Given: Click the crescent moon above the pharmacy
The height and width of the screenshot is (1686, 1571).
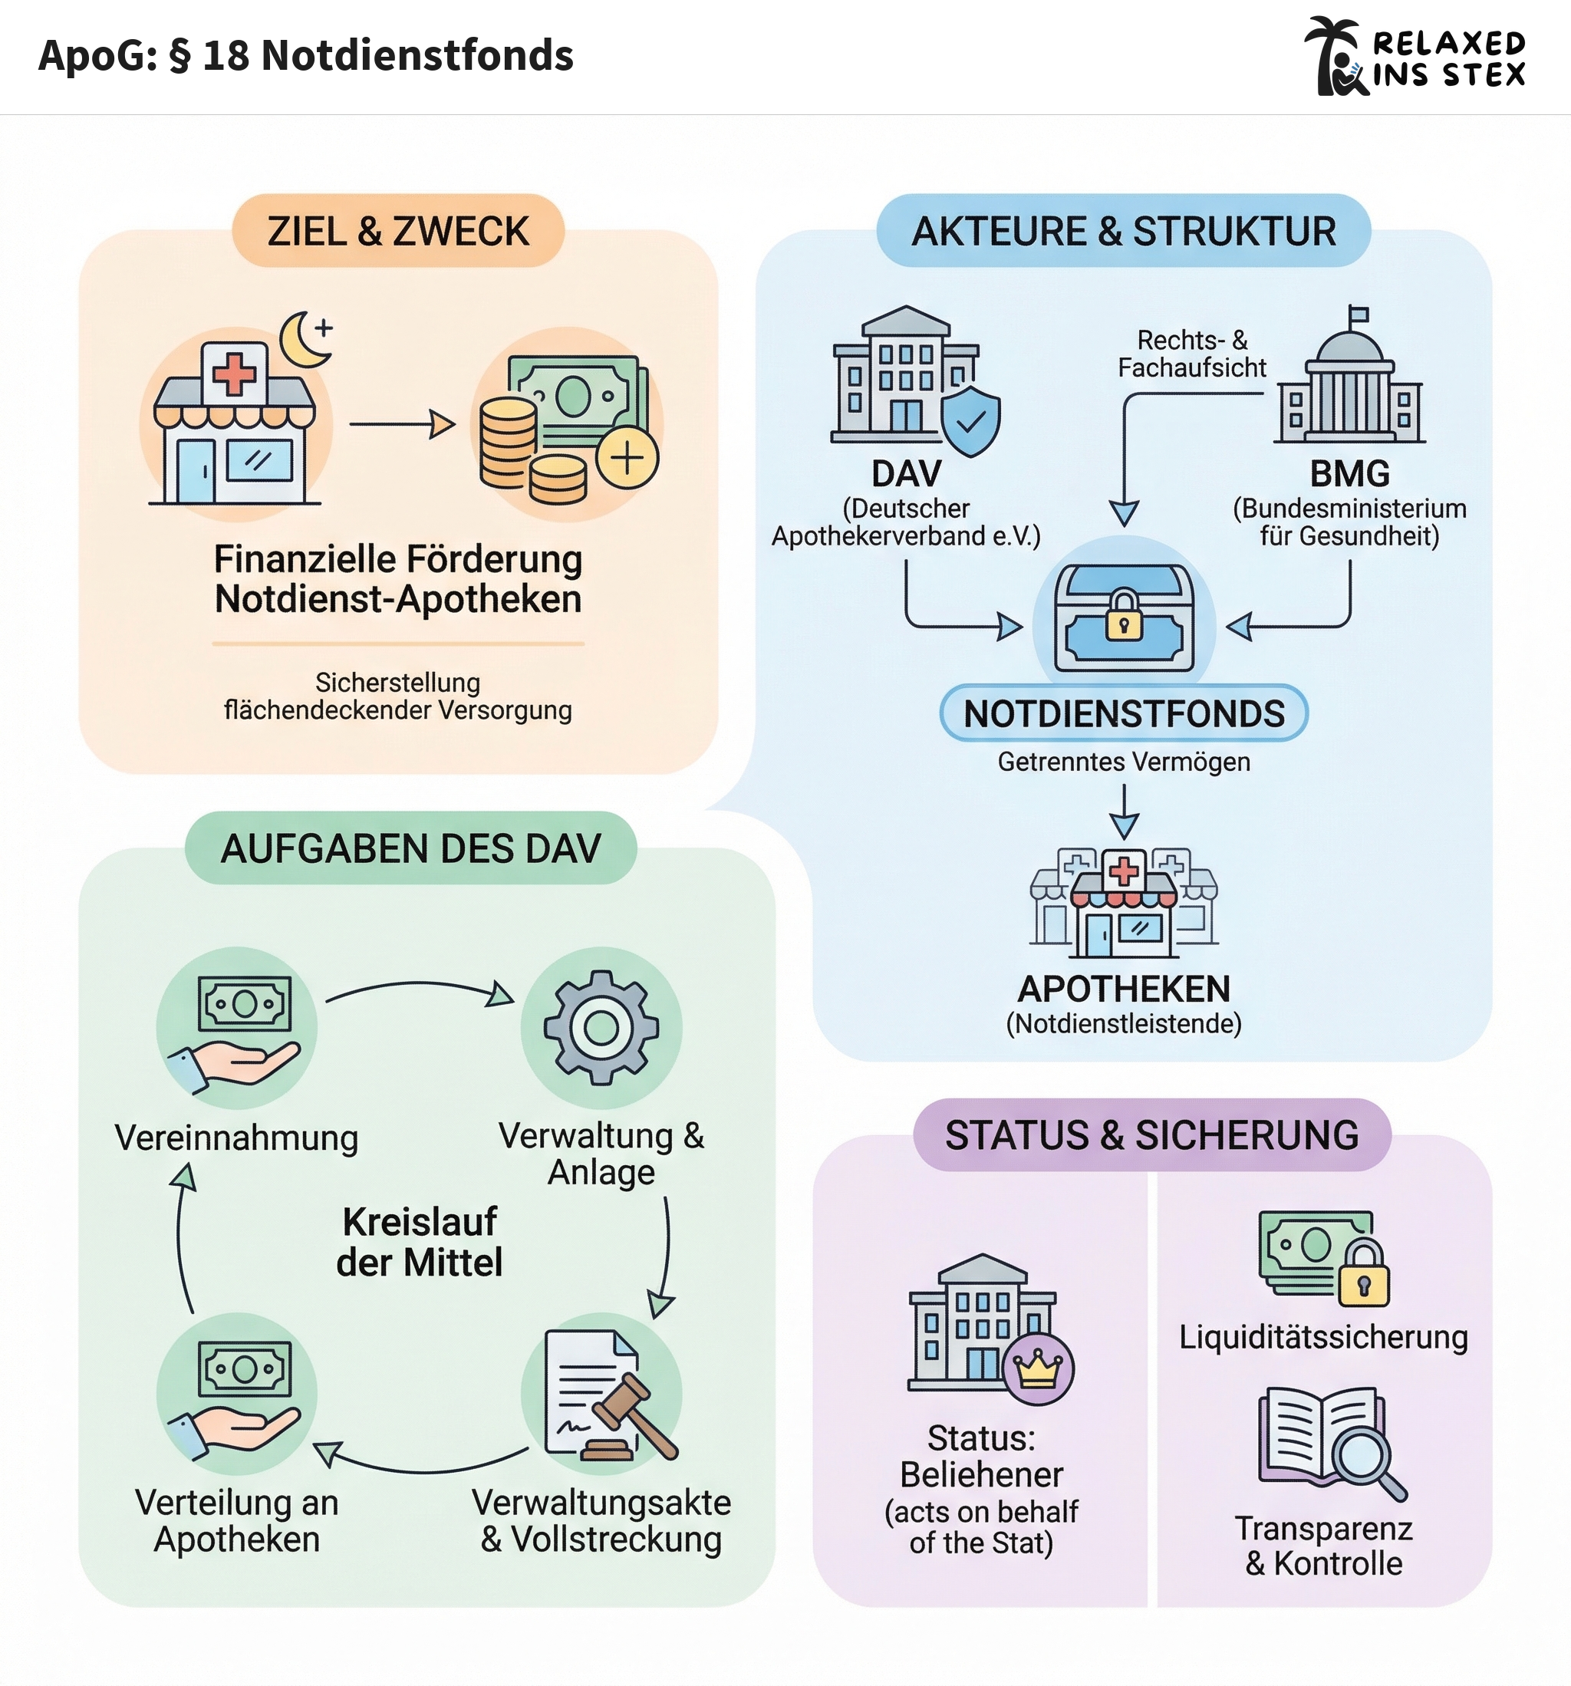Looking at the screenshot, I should (302, 340).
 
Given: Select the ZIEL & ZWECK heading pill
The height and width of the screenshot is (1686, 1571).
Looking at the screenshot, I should (398, 232).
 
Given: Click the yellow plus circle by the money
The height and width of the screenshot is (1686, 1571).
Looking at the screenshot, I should (627, 459).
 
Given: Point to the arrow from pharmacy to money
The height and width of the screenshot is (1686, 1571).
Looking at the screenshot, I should (402, 423).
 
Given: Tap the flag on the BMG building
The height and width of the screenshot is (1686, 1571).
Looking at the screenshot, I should (1358, 315).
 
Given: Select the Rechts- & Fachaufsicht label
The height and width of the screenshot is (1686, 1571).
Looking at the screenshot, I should (1191, 354).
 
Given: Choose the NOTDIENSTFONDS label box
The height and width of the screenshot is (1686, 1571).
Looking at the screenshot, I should (1124, 713).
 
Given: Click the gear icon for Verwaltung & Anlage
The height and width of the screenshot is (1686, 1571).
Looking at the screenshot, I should (601, 1027).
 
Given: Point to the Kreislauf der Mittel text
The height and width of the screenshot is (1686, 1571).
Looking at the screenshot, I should (420, 1242).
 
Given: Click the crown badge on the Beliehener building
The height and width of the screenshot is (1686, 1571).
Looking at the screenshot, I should (1039, 1368).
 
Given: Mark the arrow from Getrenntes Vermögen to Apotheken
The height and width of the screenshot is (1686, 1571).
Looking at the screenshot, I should (1124, 812).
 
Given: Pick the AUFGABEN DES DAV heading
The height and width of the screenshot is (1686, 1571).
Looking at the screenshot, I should (410, 848).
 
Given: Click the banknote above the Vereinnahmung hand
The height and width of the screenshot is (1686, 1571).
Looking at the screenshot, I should (244, 1003).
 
